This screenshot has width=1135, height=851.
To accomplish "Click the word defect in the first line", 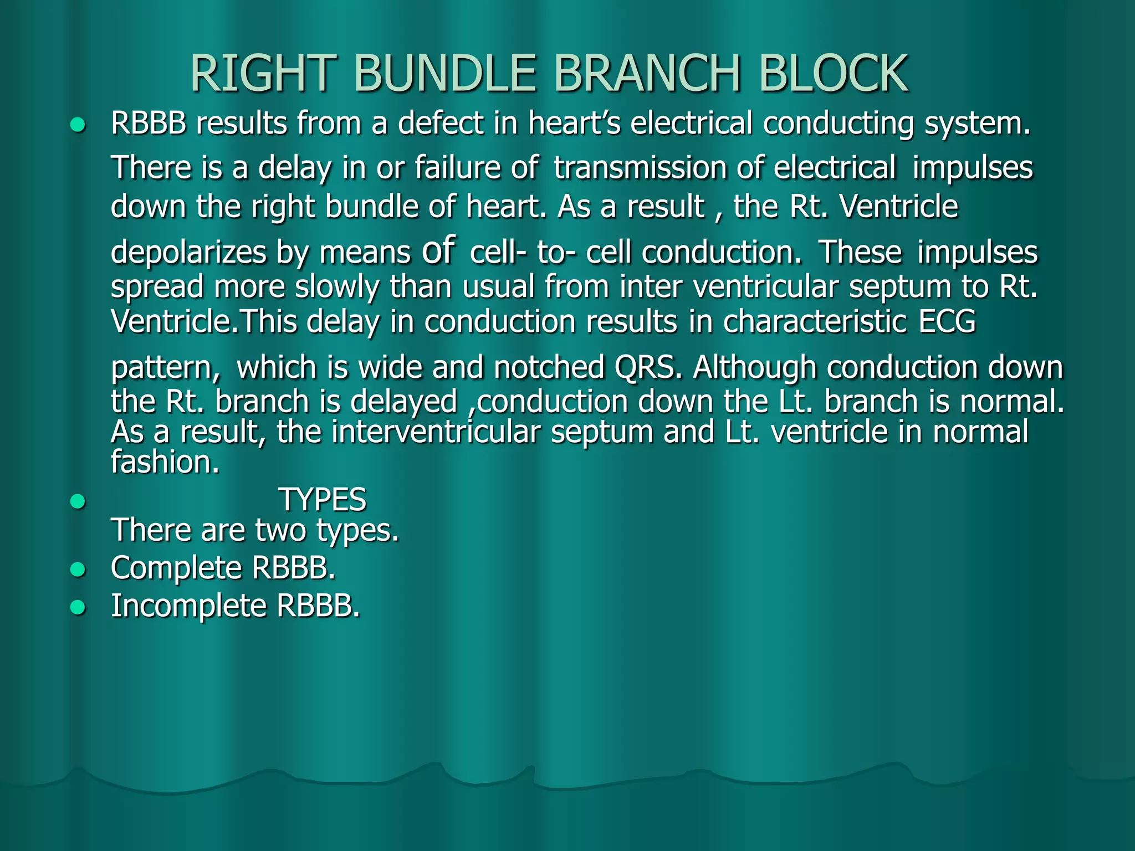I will [x=441, y=123].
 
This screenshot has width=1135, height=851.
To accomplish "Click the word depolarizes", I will [x=188, y=253].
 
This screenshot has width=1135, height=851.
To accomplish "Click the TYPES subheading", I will [x=322, y=500].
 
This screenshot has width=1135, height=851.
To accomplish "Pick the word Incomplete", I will [x=189, y=606].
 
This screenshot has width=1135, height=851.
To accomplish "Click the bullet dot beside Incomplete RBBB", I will [x=78, y=608].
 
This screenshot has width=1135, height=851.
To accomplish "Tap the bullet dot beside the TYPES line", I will [x=78, y=502].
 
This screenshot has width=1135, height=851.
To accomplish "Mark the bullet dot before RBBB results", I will [x=78, y=125].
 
